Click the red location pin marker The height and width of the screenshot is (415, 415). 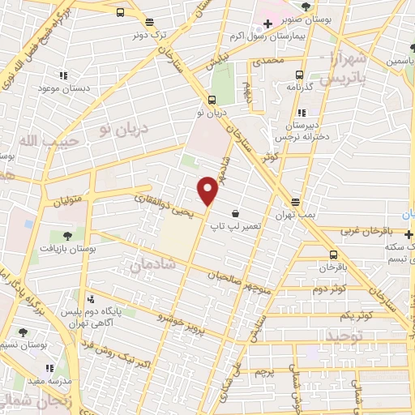click(208, 190)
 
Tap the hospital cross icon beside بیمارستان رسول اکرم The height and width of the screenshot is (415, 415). click(267, 24)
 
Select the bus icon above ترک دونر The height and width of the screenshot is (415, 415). click(120, 12)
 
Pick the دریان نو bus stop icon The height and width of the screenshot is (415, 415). click(212, 101)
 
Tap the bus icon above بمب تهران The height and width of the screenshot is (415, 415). click(295, 201)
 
